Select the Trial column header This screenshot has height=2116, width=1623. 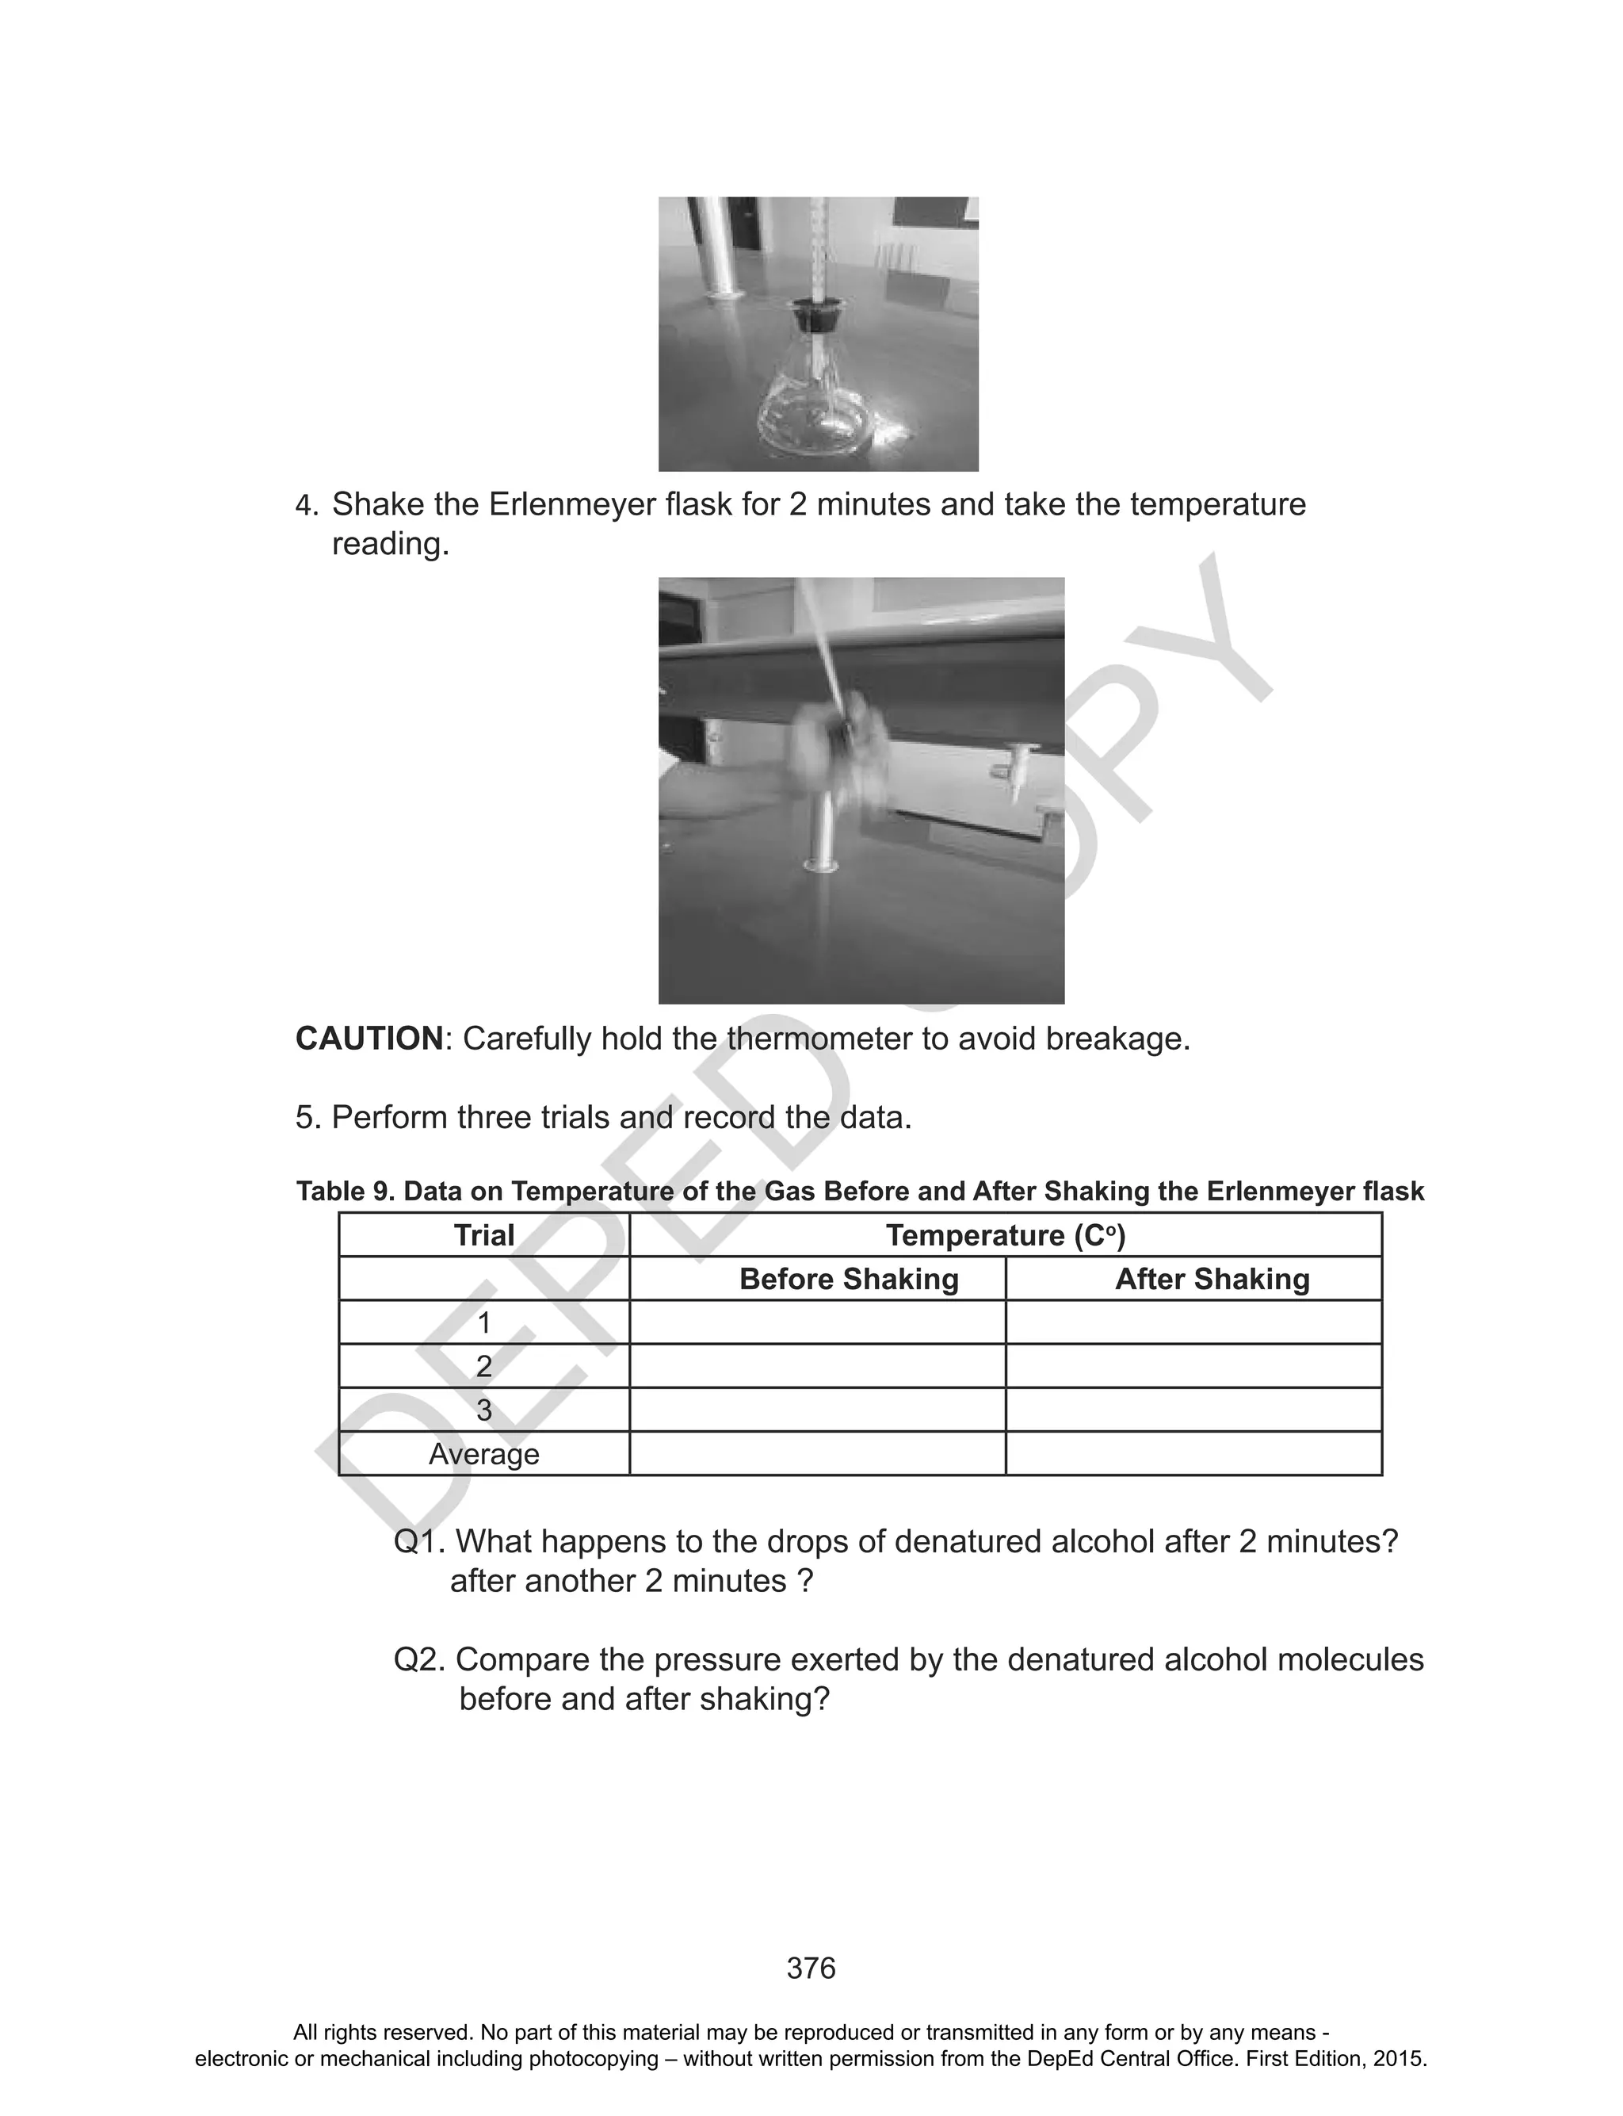484,1236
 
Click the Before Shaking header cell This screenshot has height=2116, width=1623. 848,1280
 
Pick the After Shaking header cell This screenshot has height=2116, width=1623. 1212,1280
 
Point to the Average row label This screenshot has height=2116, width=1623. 484,1454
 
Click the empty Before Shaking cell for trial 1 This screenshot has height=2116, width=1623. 817,1322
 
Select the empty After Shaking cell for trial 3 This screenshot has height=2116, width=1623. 1193,1410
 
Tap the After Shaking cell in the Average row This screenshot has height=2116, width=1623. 1193,1454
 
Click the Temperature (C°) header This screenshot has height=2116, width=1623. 1005,1236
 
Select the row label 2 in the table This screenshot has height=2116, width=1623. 484,1366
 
